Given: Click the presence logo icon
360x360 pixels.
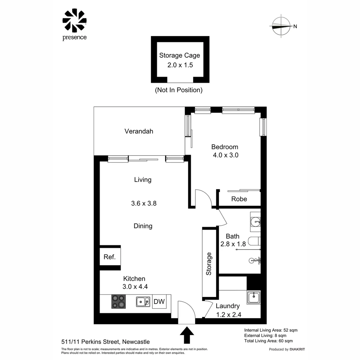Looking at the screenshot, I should [74, 20].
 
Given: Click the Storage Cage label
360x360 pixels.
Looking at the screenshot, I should [180, 55].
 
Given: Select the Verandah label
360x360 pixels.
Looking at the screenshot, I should [139, 131].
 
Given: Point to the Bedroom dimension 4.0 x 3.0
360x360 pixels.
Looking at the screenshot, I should [225, 155].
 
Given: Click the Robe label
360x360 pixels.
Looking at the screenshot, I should [239, 199].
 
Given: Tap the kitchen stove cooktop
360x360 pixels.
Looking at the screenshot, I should [118, 302].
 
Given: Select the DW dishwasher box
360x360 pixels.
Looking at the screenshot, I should [159, 302].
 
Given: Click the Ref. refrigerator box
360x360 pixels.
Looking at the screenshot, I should [110, 257].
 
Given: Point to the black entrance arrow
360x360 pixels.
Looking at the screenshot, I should [187, 335].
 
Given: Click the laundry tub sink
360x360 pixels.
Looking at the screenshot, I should [254, 297].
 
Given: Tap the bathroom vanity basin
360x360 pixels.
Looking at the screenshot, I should [256, 221].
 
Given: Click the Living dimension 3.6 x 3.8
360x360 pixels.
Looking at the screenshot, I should [144, 203].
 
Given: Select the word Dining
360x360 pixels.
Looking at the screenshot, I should [143, 226].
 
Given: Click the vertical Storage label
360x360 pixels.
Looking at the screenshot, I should [209, 264].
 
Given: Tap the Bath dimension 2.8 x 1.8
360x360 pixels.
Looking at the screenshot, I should [233, 244].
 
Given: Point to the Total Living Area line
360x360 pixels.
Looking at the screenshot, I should [268, 341].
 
